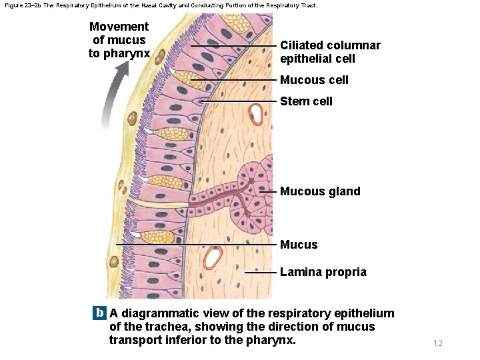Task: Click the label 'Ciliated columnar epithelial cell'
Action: [x=330, y=52]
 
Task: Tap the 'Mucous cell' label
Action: [x=314, y=80]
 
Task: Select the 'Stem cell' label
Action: [x=306, y=101]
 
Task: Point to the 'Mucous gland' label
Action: [x=320, y=191]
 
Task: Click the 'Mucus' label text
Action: [x=299, y=245]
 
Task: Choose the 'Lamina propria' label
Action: [x=323, y=272]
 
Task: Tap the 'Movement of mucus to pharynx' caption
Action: [x=119, y=39]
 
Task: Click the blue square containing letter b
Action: [x=100, y=313]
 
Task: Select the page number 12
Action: [x=437, y=343]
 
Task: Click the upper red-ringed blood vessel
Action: [x=255, y=114]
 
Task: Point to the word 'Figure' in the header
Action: [x=13, y=5]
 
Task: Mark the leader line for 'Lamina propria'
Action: [x=261, y=272]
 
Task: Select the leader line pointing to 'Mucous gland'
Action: [x=267, y=191]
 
